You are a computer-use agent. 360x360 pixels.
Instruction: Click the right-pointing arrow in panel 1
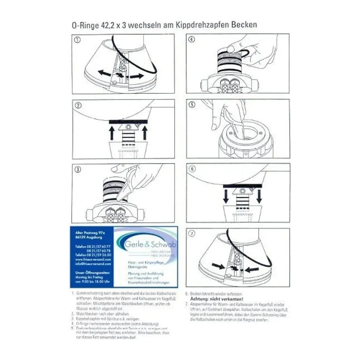pos(136,76)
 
